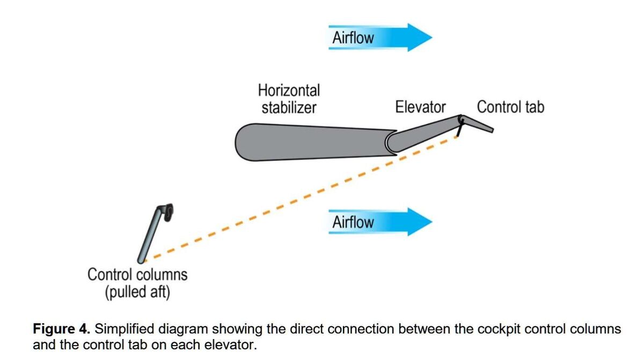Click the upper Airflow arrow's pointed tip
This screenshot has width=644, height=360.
tap(431, 38)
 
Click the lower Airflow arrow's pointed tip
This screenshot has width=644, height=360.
tap(431, 222)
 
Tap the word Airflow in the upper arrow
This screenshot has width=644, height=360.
tap(353, 38)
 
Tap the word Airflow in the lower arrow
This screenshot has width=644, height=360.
tap(353, 222)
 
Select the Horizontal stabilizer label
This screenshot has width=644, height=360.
tap(289, 99)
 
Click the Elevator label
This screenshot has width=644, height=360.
tap(420, 107)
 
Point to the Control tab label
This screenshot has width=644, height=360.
tap(510, 107)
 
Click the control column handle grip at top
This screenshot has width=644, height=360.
tap(168, 212)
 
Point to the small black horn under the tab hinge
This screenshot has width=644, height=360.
tap(460, 129)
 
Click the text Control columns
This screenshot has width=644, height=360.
tap(137, 275)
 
